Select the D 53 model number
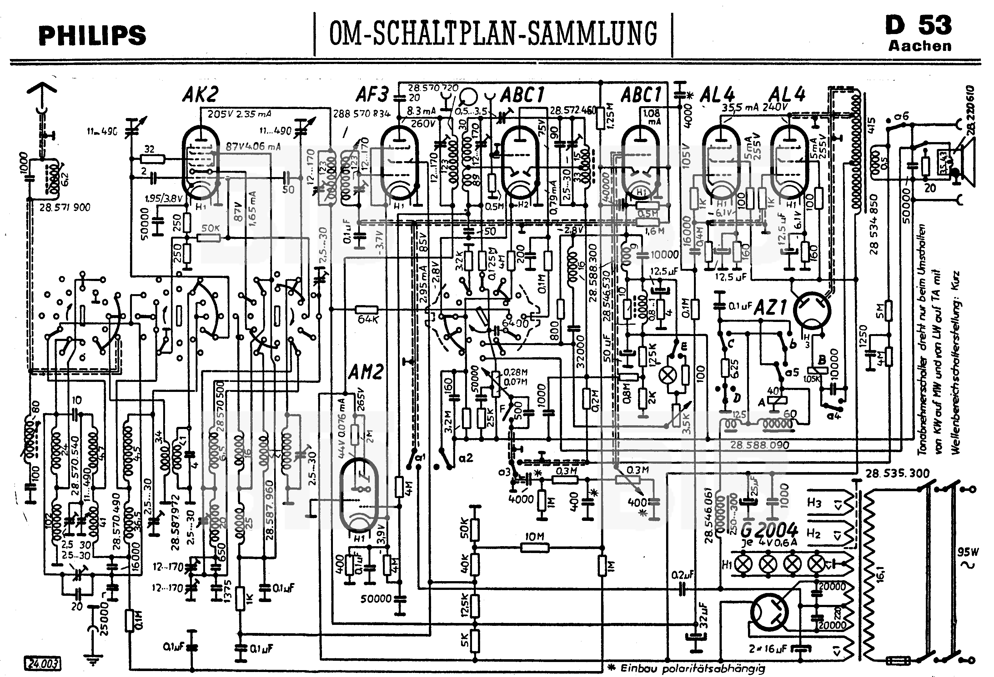[919, 26]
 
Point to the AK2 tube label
[200, 95]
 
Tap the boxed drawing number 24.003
[43, 663]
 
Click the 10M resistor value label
[534, 537]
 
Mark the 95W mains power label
[967, 552]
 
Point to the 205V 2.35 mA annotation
[239, 114]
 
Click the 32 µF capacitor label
[704, 615]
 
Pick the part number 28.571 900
[65, 208]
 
